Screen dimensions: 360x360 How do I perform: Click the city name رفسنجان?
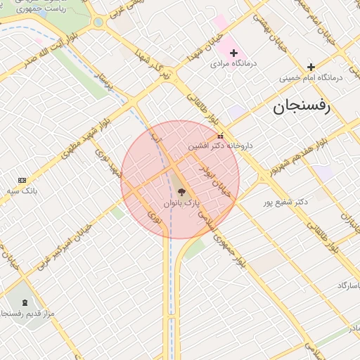302,108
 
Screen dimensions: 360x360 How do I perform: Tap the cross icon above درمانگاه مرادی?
234,53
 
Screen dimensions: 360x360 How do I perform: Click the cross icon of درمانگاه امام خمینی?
311,67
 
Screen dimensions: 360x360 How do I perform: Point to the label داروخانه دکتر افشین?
219,146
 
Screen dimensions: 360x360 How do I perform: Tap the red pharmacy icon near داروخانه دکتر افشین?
221,136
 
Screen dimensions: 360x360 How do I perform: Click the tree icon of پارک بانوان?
181,191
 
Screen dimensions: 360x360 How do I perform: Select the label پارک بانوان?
182,202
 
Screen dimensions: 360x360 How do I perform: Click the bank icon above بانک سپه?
22,181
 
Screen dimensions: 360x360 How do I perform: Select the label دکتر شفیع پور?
285,202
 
